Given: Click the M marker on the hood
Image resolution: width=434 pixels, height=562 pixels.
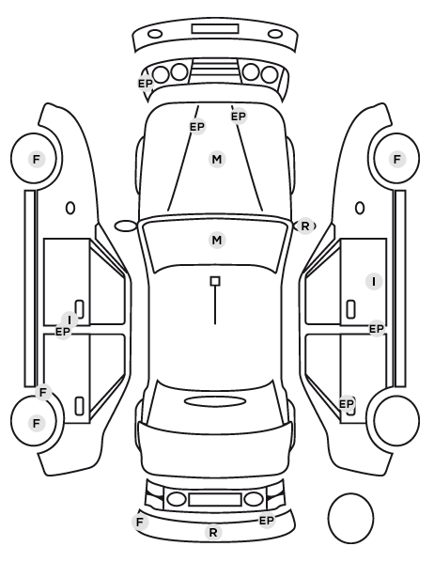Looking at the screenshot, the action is (x=217, y=159).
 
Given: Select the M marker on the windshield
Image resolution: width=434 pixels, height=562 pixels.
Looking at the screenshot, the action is (x=217, y=240).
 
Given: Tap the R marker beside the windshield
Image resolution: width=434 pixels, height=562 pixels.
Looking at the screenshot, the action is (x=304, y=226).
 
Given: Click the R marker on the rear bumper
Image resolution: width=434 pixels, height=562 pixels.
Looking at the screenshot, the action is (x=213, y=532).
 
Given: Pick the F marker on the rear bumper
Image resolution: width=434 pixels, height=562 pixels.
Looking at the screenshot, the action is (x=140, y=522).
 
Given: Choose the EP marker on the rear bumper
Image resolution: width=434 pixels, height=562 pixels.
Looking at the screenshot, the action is (x=266, y=521).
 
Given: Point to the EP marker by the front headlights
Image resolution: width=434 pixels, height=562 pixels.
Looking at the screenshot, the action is (x=146, y=84).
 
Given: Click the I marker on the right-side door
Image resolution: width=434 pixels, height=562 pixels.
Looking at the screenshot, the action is (x=374, y=281).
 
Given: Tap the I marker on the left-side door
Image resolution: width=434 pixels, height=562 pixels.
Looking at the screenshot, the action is (x=70, y=320).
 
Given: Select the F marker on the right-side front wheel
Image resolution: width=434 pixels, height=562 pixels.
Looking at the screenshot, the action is (x=396, y=159).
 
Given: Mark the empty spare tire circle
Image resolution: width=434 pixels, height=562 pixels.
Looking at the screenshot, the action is (x=350, y=518).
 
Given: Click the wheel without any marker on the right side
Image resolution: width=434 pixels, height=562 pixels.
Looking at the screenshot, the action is (x=396, y=420).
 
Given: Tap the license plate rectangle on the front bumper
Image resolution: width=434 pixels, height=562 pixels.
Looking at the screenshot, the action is (x=215, y=29).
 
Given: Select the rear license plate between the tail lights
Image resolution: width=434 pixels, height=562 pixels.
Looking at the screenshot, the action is (x=215, y=499).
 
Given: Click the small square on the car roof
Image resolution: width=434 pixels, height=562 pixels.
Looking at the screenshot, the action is (x=215, y=281).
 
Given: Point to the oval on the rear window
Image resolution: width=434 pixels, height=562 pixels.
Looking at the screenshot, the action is (x=215, y=401).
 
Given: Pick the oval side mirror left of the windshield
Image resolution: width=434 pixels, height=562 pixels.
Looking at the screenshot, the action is (x=126, y=226).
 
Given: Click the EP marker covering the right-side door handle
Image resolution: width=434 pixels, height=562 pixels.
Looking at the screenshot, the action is (x=347, y=404).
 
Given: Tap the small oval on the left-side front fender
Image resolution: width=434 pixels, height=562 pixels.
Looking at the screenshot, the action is (x=70, y=208).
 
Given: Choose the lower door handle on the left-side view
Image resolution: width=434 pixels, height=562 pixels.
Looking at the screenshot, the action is (x=79, y=406).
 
